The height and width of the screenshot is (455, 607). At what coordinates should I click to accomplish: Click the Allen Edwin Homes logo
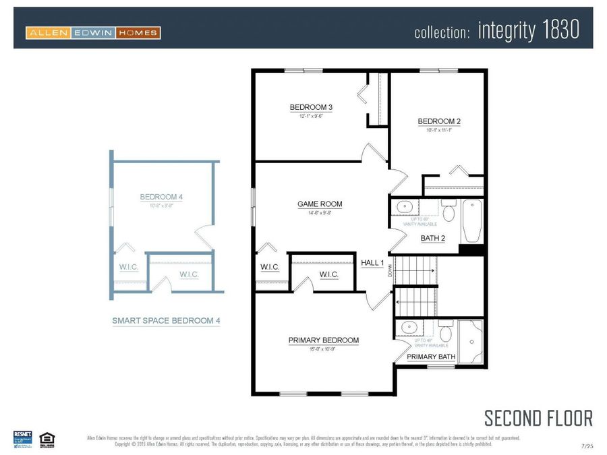pos(93,32)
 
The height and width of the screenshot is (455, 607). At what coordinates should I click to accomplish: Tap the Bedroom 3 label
pos(311,107)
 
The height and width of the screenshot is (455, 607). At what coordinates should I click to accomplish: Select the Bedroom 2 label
pos(439,121)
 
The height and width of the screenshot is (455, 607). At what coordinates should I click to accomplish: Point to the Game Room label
pos(320,204)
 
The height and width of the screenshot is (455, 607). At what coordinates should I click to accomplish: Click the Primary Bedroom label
pos(324,340)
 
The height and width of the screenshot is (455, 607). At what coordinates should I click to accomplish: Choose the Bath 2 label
pos(433,238)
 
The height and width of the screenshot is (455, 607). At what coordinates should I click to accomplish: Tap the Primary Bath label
pos(431,357)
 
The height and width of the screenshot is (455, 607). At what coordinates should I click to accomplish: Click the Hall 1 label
pos(372,262)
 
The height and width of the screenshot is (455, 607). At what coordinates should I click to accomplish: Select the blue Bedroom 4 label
pos(161,197)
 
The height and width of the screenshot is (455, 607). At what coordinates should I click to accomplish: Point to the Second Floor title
pos(538,418)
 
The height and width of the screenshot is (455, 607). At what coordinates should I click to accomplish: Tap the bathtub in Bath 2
pos(471,222)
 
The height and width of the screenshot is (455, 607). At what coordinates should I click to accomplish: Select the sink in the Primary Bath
pos(409,328)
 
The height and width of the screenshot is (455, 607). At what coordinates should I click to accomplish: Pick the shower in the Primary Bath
pos(471,342)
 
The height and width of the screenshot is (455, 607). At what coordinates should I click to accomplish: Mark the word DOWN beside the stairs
pos(390,271)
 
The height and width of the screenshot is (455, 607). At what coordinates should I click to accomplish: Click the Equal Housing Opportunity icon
pos(47,438)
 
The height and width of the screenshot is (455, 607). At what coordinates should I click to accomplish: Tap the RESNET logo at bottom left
pos(22,437)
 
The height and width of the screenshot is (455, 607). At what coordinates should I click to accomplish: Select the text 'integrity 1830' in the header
pos(528,31)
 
